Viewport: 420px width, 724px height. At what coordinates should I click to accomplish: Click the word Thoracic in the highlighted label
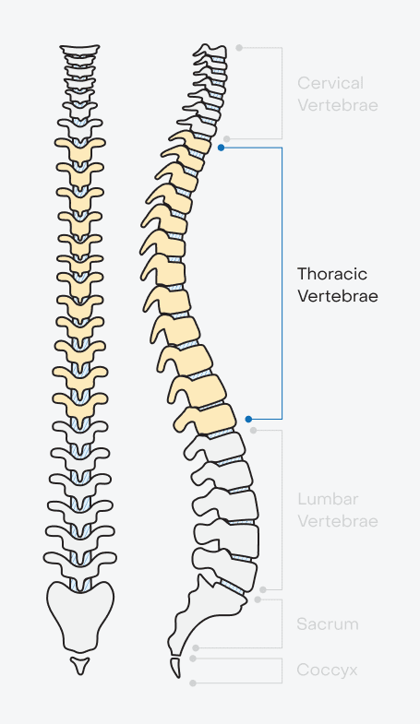(x=332, y=274)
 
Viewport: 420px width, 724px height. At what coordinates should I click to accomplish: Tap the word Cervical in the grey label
(x=330, y=83)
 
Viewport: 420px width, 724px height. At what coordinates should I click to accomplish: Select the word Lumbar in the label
(x=328, y=499)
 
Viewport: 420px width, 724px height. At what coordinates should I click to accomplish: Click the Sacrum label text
(x=328, y=624)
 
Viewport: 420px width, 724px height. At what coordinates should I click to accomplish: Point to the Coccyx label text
(x=327, y=670)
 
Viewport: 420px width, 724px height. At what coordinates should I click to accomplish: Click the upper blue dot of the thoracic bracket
(x=222, y=148)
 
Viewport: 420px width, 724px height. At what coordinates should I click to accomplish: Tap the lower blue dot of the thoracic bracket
(x=248, y=420)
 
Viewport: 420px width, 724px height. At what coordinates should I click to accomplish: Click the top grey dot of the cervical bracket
(x=239, y=48)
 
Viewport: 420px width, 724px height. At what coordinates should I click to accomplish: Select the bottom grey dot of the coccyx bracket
(x=193, y=682)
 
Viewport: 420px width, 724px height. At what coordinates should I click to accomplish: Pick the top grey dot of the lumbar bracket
(x=253, y=431)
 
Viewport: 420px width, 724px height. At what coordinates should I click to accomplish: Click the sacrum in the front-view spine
(x=80, y=615)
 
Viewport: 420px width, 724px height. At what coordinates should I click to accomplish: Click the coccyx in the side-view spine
(x=176, y=668)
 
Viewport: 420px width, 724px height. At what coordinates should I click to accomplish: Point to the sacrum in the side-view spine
(x=203, y=614)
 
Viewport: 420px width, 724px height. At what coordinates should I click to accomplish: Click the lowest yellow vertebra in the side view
(x=206, y=420)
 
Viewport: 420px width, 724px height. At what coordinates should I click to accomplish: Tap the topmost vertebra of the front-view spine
(x=80, y=50)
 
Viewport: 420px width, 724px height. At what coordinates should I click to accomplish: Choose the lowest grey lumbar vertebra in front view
(x=80, y=561)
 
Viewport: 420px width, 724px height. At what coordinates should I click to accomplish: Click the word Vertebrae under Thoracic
(x=338, y=296)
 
